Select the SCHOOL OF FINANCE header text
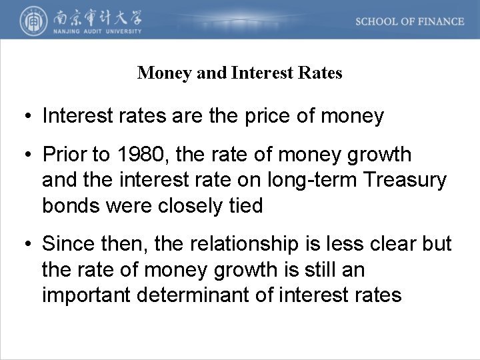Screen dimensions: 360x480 pos(409,21)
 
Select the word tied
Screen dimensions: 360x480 pos(247,205)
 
